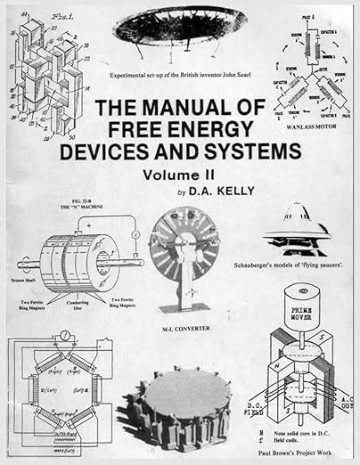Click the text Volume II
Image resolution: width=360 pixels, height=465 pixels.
pyautogui.click(x=180, y=176)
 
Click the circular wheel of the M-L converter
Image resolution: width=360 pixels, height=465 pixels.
pyautogui.click(x=184, y=246)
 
